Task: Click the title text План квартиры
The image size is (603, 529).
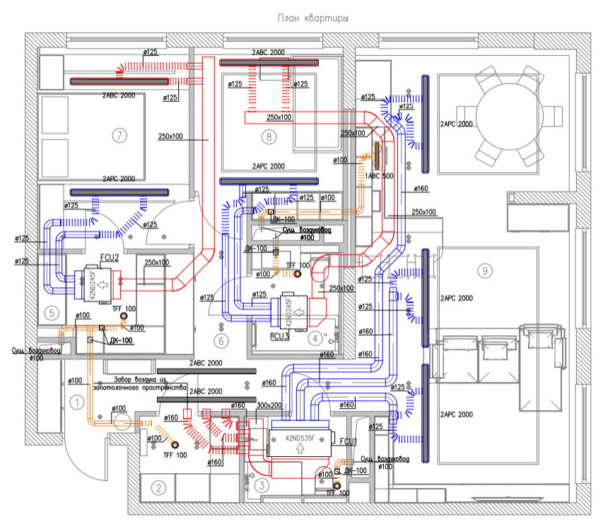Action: [303, 16]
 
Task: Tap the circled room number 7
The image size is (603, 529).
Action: [119, 134]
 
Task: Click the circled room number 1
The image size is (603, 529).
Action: [77, 402]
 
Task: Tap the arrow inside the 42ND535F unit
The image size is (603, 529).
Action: [301, 448]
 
